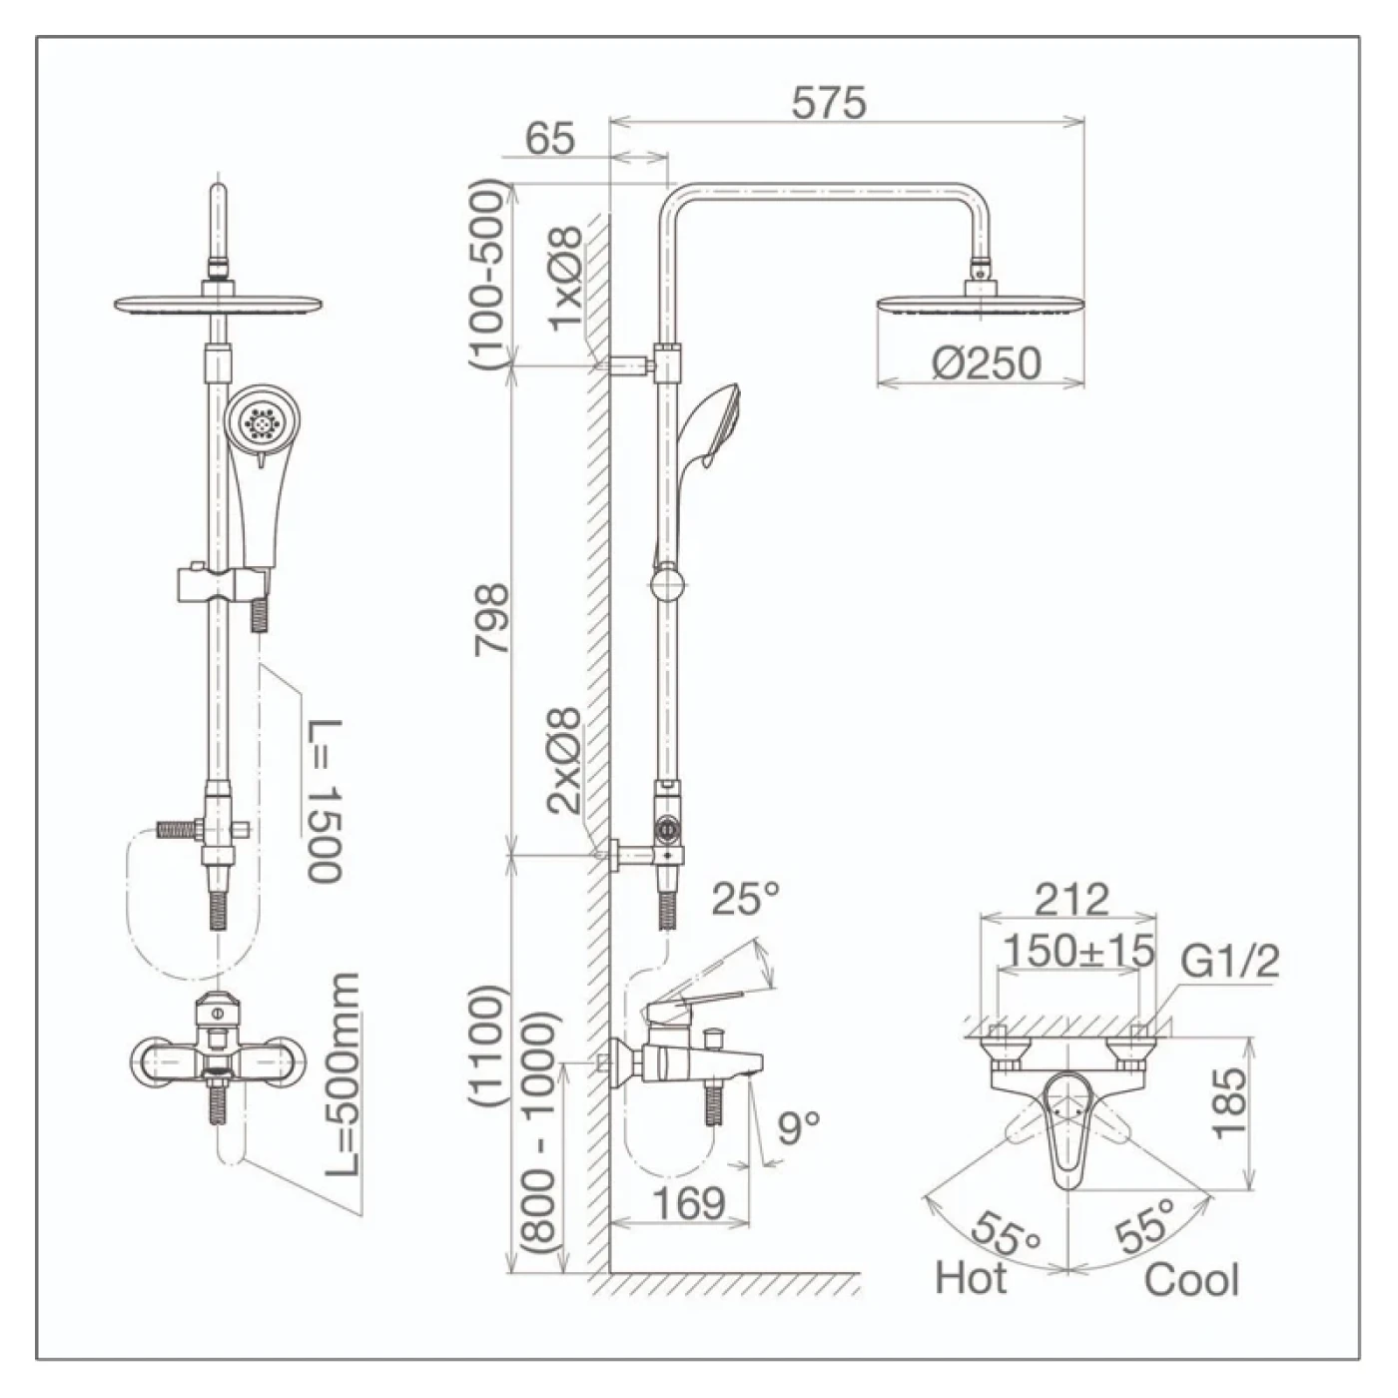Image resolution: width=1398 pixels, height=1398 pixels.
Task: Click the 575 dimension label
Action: (829, 102)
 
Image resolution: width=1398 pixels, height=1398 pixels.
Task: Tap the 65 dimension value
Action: (549, 138)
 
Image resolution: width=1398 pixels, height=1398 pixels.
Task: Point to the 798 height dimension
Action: (492, 620)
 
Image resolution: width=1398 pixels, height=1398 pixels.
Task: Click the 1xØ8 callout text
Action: (564, 279)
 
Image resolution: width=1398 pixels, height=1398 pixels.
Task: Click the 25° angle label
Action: (745, 899)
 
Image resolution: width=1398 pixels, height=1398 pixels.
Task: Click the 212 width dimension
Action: (1071, 899)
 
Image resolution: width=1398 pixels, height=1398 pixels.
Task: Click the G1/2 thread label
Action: (1229, 962)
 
